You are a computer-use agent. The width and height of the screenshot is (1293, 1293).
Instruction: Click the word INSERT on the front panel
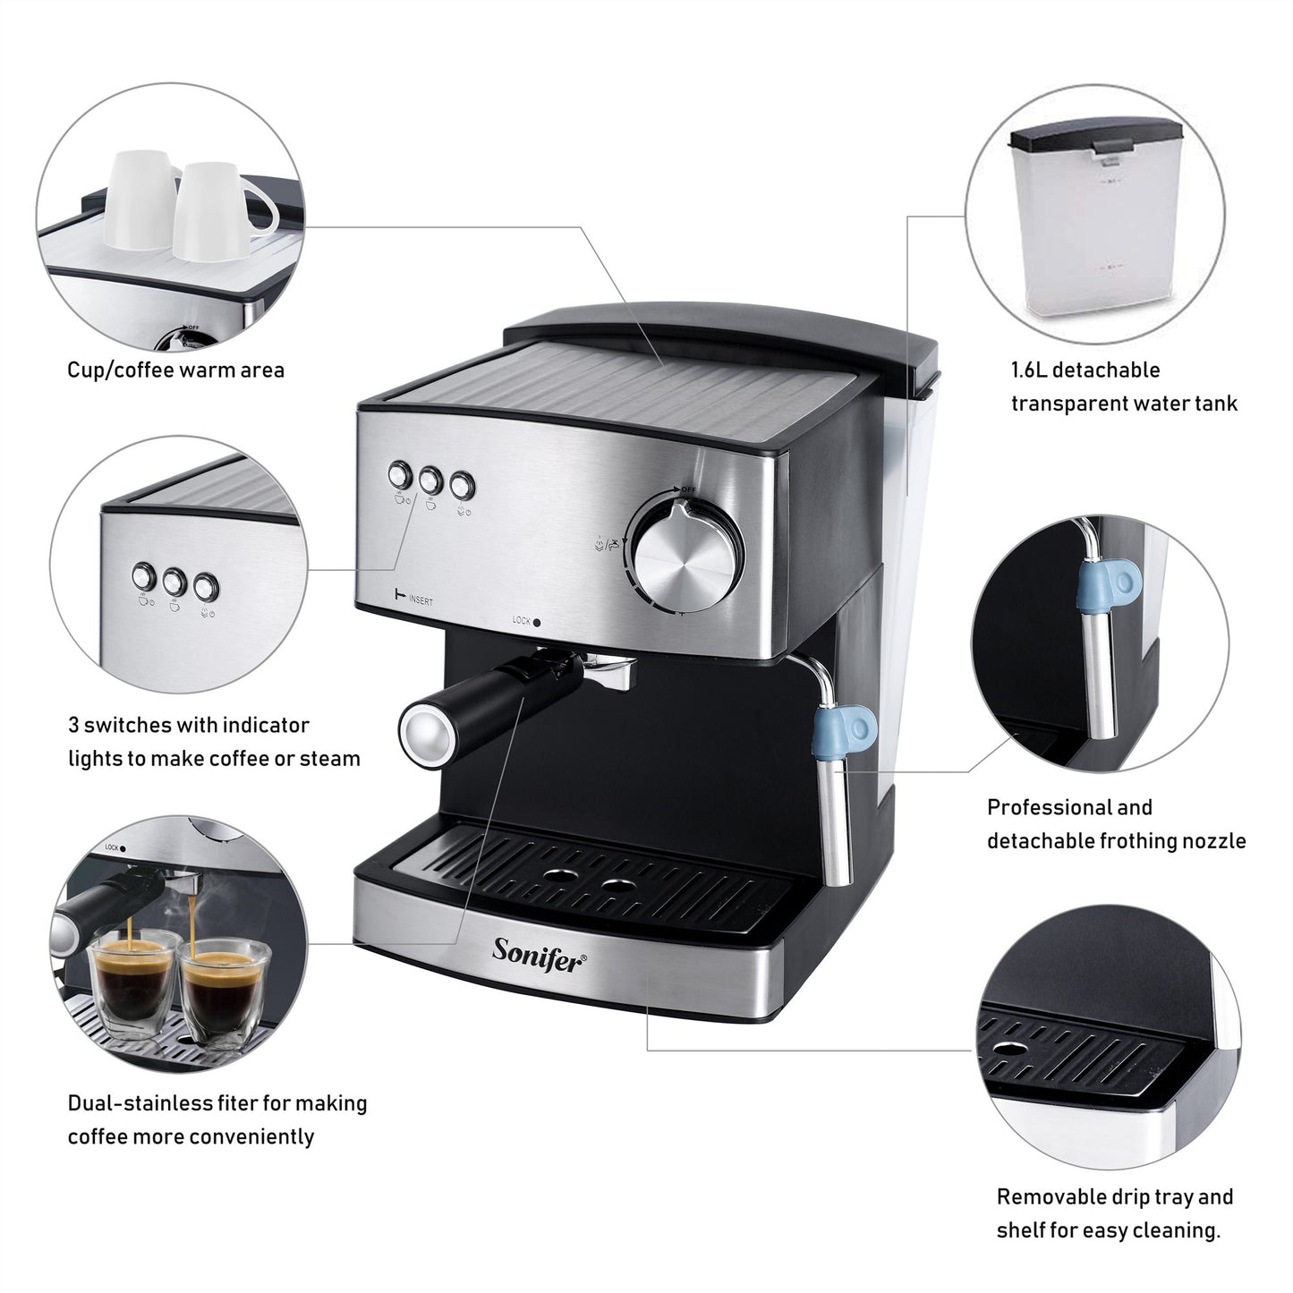(x=421, y=600)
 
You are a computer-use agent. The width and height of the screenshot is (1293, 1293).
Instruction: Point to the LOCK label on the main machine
(x=523, y=619)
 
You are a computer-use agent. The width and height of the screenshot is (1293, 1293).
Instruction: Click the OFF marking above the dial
(x=688, y=489)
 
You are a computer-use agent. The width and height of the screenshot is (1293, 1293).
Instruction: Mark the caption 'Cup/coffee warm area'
(x=175, y=370)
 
